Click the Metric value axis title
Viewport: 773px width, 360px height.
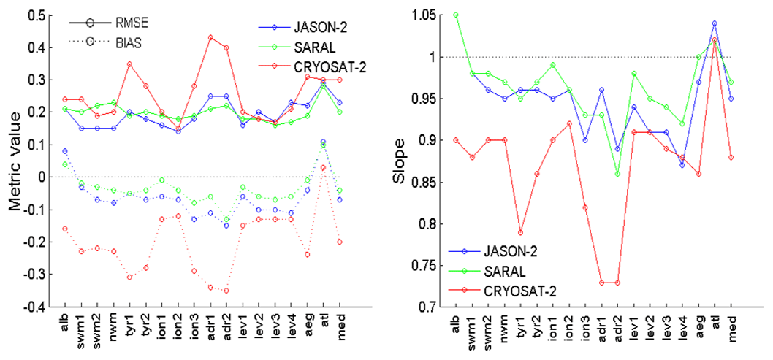(x=14, y=160)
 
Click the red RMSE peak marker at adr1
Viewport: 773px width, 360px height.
(x=210, y=37)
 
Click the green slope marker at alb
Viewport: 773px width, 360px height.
(x=476, y=15)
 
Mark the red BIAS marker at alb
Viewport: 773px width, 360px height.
(x=64, y=229)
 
